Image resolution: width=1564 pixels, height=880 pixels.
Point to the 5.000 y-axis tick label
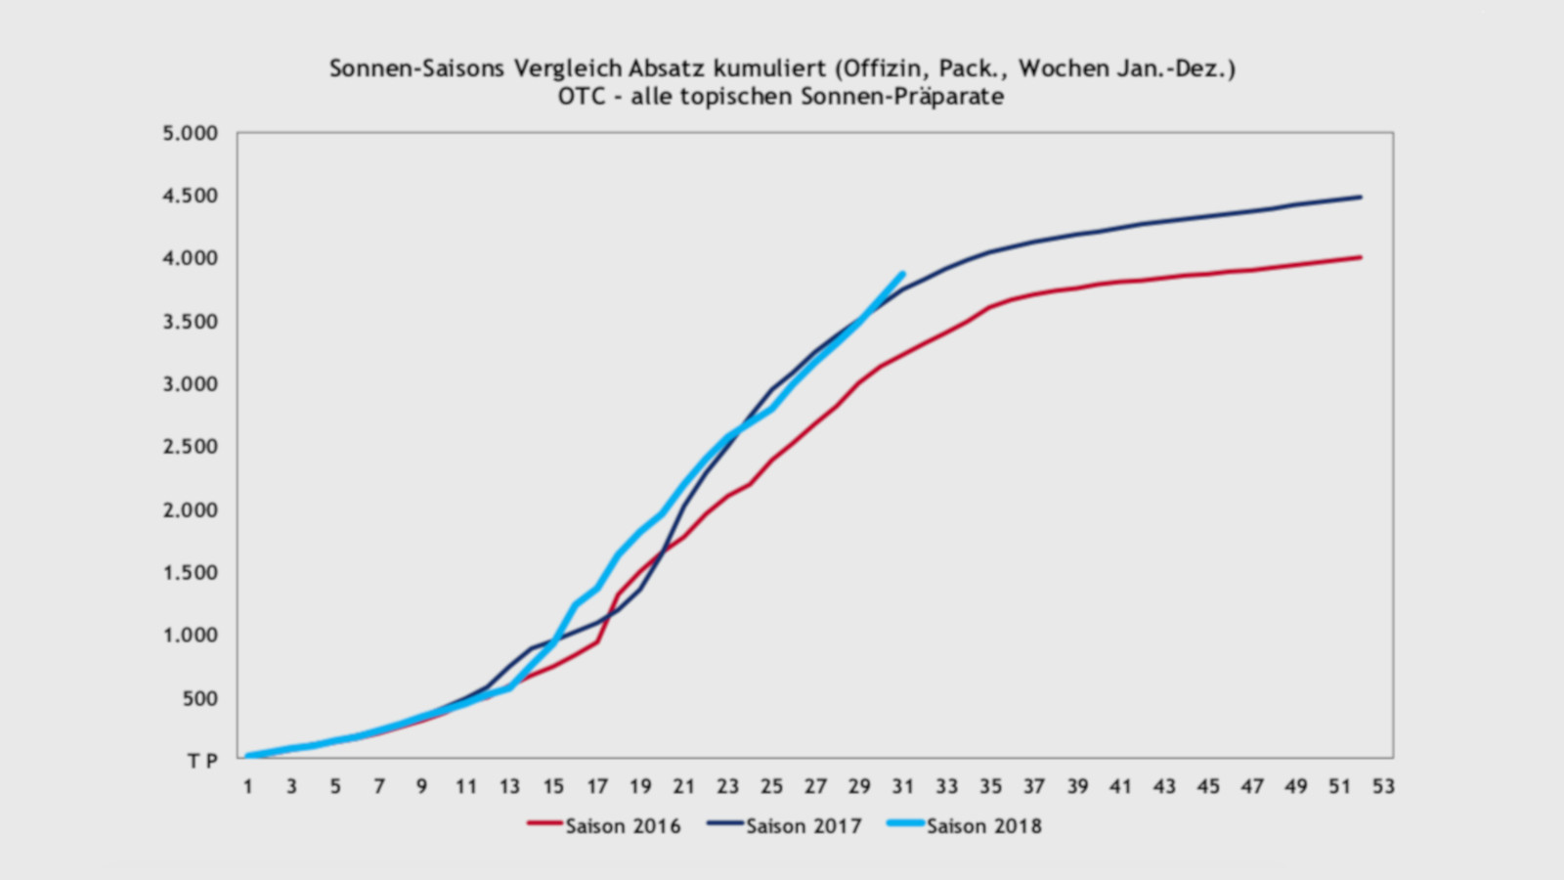tap(191, 133)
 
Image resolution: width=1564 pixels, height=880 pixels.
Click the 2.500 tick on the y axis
tap(191, 447)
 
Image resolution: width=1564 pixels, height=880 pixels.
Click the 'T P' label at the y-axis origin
tap(202, 761)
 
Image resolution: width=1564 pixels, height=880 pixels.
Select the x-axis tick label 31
tap(902, 786)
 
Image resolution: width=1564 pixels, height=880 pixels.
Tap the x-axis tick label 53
tap(1382, 786)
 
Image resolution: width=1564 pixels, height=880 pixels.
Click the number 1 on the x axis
tap(248, 786)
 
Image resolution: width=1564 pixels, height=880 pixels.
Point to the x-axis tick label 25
tap(771, 786)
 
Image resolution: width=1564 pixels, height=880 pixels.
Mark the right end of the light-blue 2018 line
tap(901, 274)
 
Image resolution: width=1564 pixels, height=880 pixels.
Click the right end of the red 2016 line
tap(1360, 257)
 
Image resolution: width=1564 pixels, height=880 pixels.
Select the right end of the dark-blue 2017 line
tap(1360, 197)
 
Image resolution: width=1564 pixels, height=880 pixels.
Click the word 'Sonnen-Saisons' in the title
tap(416, 68)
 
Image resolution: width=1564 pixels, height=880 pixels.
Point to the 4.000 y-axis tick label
tap(191, 258)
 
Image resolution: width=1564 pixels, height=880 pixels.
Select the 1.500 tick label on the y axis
tap(191, 573)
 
